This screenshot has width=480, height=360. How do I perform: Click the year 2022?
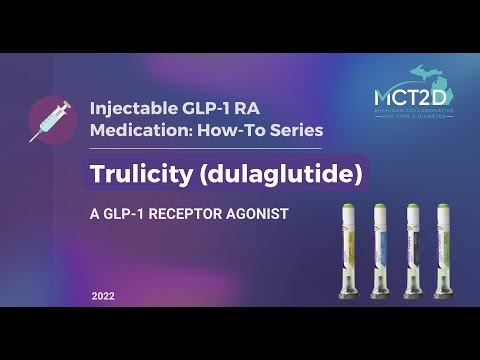click(x=104, y=297)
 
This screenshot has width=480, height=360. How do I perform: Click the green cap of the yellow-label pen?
click(x=351, y=212)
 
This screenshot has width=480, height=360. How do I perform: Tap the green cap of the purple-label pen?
click(x=442, y=212)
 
